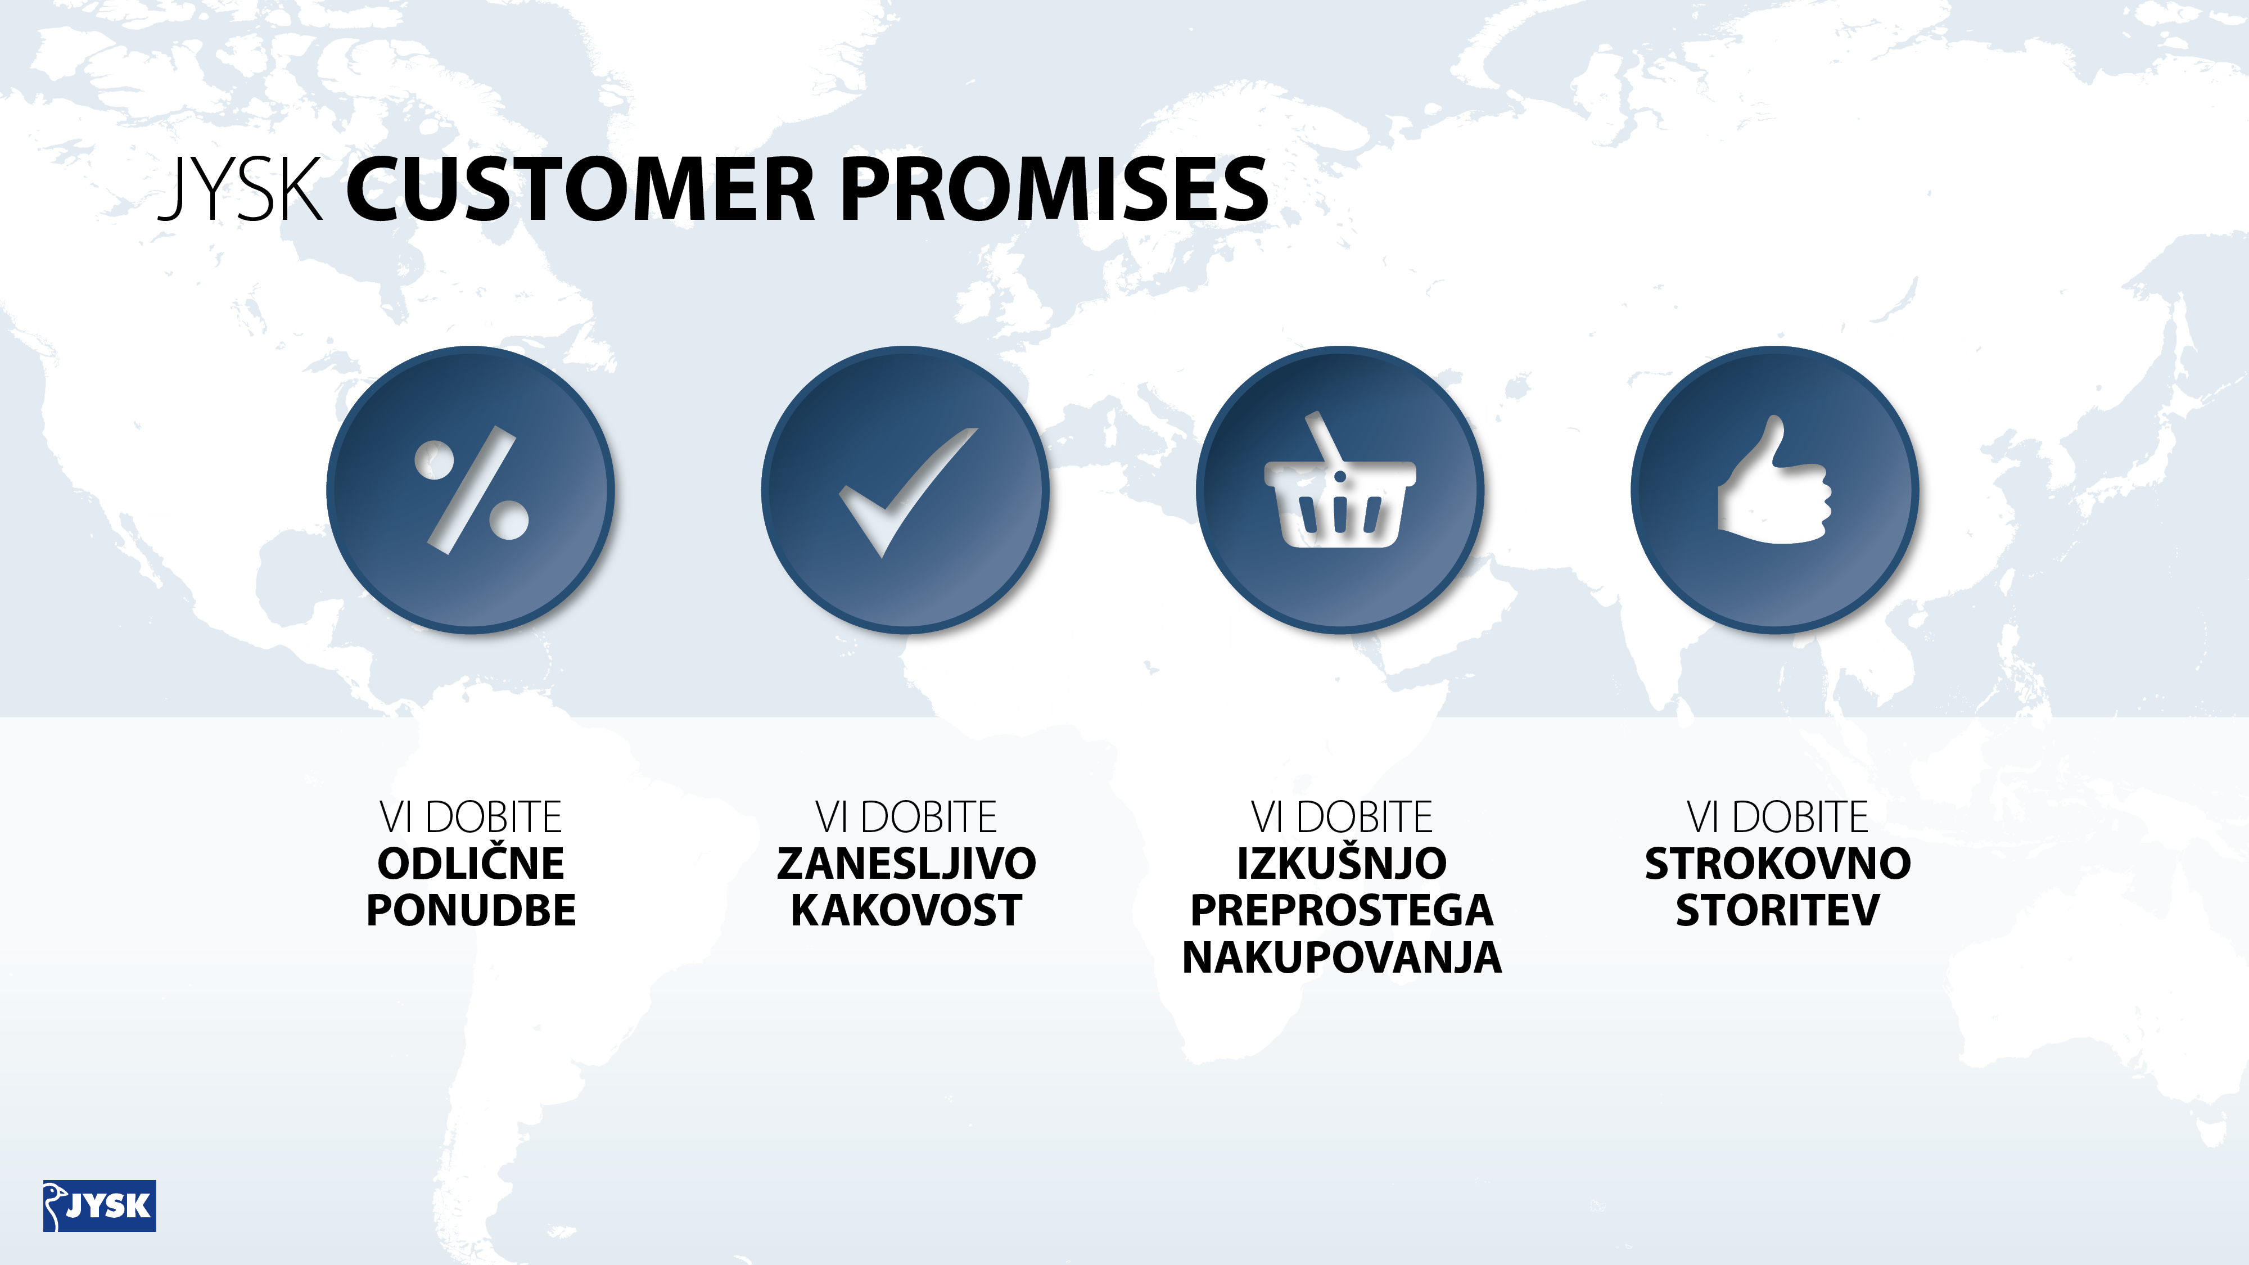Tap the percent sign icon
[x=472, y=490]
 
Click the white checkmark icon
[x=908, y=491]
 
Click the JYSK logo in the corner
[x=100, y=1205]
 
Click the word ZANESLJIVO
[x=906, y=864]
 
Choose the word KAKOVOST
[x=906, y=911]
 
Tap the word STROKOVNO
[x=1777, y=864]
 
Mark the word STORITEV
[x=1777, y=911]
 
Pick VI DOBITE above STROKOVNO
[x=1777, y=817]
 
